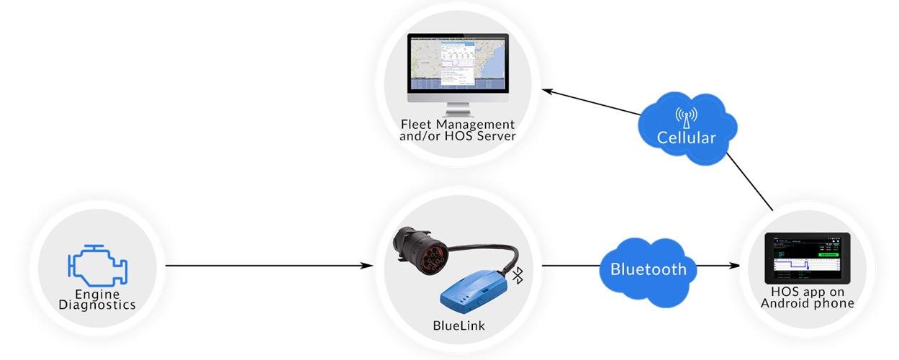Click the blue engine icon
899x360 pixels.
click(97, 264)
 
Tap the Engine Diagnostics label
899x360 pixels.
click(97, 299)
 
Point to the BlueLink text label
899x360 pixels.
click(458, 325)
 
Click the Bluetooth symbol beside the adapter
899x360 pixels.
click(518, 275)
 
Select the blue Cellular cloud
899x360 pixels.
click(686, 127)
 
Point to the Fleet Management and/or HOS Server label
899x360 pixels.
click(458, 130)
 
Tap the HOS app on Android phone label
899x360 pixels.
click(807, 298)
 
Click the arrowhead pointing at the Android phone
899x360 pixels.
click(736, 266)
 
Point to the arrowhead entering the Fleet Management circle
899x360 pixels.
click(546, 91)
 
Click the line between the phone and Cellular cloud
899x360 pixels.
click(751, 180)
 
